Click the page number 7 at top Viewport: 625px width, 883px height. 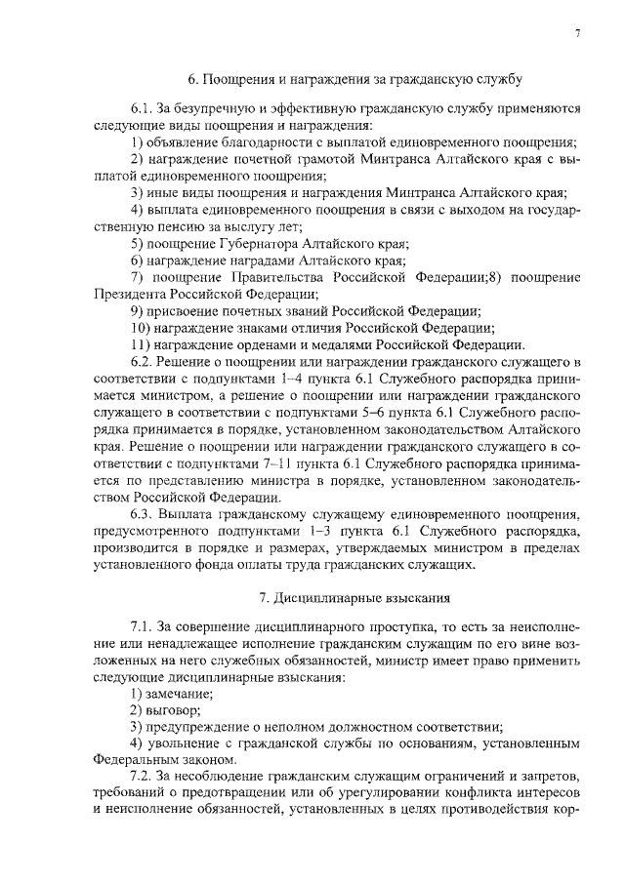pyautogui.click(x=578, y=34)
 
